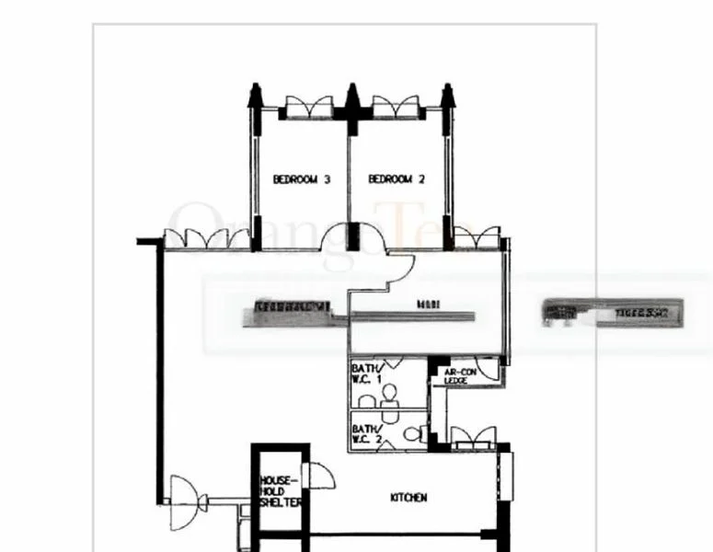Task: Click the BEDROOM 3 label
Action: (x=301, y=180)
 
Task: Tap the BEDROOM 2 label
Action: (x=397, y=180)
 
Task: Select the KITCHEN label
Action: (x=408, y=498)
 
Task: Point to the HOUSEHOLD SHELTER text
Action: (x=280, y=491)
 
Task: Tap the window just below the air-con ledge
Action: (x=473, y=437)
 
